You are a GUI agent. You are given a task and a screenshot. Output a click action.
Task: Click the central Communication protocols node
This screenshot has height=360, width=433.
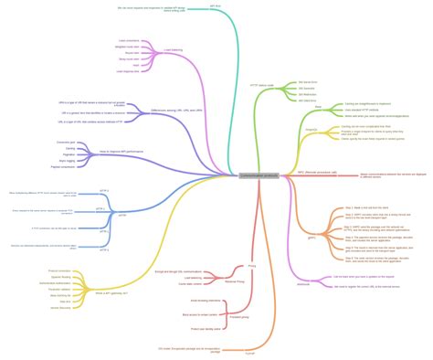tap(259, 175)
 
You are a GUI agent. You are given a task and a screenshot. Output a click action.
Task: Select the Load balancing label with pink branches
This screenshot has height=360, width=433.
tap(173, 50)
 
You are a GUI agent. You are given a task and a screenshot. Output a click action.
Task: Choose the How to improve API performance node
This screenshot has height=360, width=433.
tap(120, 150)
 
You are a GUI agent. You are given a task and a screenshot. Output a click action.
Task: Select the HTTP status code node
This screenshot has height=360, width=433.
tap(261, 84)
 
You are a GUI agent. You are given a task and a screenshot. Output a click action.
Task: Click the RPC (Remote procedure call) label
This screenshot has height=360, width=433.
tap(318, 171)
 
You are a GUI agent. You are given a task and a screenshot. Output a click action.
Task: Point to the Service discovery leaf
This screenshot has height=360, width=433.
tap(58, 282)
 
